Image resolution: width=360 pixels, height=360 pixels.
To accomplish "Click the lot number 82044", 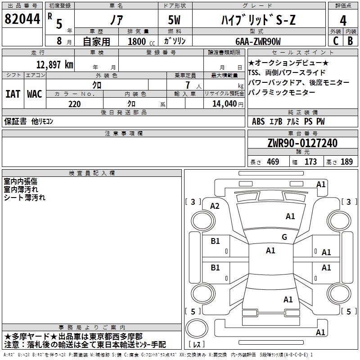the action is pyautogui.click(x=22, y=19).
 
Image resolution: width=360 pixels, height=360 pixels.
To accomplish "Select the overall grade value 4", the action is pyautogui.click(x=343, y=21).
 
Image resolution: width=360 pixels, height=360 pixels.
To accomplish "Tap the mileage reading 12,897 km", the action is pyautogui.click(x=54, y=64).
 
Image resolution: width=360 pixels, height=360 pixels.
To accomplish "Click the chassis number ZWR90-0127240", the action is pyautogui.click(x=302, y=143).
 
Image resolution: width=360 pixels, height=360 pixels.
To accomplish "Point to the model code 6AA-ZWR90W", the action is pyautogui.click(x=258, y=41).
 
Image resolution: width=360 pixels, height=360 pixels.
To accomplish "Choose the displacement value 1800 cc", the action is pyautogui.click(x=141, y=41).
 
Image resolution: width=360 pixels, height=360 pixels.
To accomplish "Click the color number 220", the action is pyautogui.click(x=74, y=104).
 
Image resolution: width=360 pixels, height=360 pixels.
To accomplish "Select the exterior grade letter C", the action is pyautogui.click(x=336, y=41).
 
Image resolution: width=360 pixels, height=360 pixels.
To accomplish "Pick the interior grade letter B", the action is pyautogui.click(x=350, y=41).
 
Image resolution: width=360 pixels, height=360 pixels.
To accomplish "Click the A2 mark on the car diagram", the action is pyautogui.click(x=215, y=206).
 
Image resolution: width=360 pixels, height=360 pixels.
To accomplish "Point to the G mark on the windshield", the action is pyautogui.click(x=284, y=237).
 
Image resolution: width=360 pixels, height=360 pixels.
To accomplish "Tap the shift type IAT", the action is pyautogui.click(x=13, y=94).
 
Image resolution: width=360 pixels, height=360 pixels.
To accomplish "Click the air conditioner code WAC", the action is pyautogui.click(x=35, y=94).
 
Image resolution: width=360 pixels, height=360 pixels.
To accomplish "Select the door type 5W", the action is pyautogui.click(x=174, y=20).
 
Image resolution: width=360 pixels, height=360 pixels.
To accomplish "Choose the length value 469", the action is pyautogui.click(x=273, y=162).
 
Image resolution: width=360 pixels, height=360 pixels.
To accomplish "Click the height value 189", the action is pyautogui.click(x=346, y=162).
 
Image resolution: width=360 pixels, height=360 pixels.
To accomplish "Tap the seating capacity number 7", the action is pyautogui.click(x=188, y=85).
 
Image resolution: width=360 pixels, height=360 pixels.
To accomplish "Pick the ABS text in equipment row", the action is pyautogui.click(x=258, y=121).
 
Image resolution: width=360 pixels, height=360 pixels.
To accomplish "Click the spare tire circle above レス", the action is pyautogui.click(x=196, y=328).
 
